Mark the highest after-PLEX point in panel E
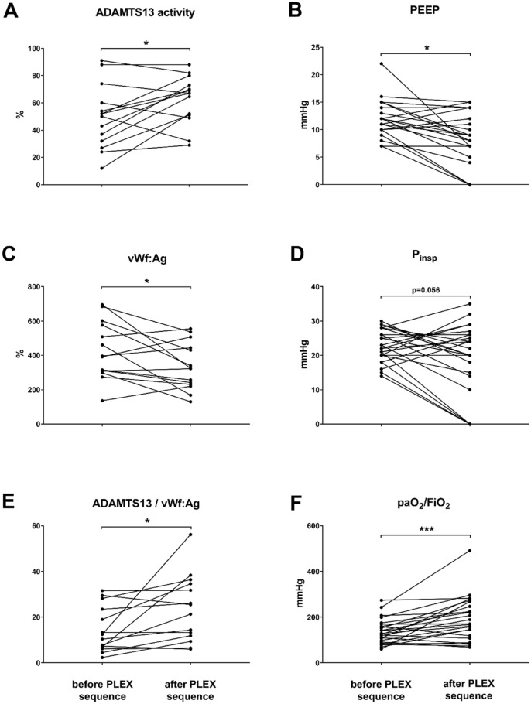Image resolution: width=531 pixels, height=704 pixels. click(190, 535)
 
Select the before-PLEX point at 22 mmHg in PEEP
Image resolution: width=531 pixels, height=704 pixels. click(381, 63)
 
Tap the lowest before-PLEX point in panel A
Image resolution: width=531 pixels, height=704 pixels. click(101, 169)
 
